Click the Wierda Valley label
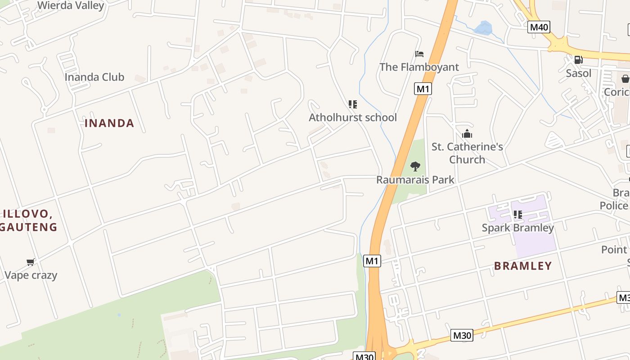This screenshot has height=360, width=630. pos(71,5)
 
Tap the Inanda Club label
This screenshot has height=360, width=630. pos(94,77)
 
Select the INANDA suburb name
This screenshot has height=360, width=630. pos(109,123)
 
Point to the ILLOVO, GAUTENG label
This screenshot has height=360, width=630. pos(29,220)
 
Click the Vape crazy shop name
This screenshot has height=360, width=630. pos(31,275)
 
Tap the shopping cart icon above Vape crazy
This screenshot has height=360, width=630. pos(30,262)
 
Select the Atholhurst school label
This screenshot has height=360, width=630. pos(353,117)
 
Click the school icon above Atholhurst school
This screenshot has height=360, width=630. pos(353,104)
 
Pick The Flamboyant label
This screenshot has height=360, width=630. pos(419,67)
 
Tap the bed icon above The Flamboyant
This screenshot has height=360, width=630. pos(419,54)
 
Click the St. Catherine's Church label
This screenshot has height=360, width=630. pos(467,153)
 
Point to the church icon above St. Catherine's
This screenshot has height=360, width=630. pos(467,134)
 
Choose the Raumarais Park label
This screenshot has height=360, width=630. pos(415,180)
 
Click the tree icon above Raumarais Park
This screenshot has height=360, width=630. pos(415,166)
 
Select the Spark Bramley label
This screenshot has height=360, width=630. pos(517,228)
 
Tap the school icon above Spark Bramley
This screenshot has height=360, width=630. pos(517,215)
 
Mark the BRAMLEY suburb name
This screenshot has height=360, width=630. pos(523,266)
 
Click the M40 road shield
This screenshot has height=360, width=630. pos(539,27)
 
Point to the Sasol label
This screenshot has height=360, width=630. pos(578,73)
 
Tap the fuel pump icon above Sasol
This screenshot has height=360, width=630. pos(578,59)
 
